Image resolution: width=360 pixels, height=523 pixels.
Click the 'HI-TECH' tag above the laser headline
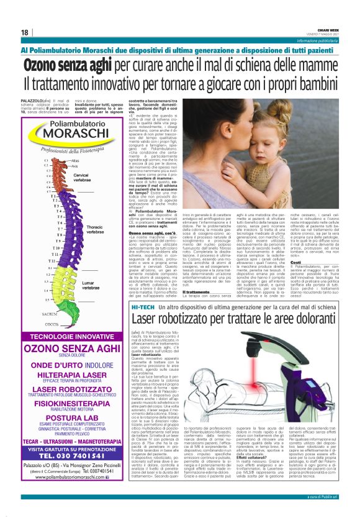coord(161,307)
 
